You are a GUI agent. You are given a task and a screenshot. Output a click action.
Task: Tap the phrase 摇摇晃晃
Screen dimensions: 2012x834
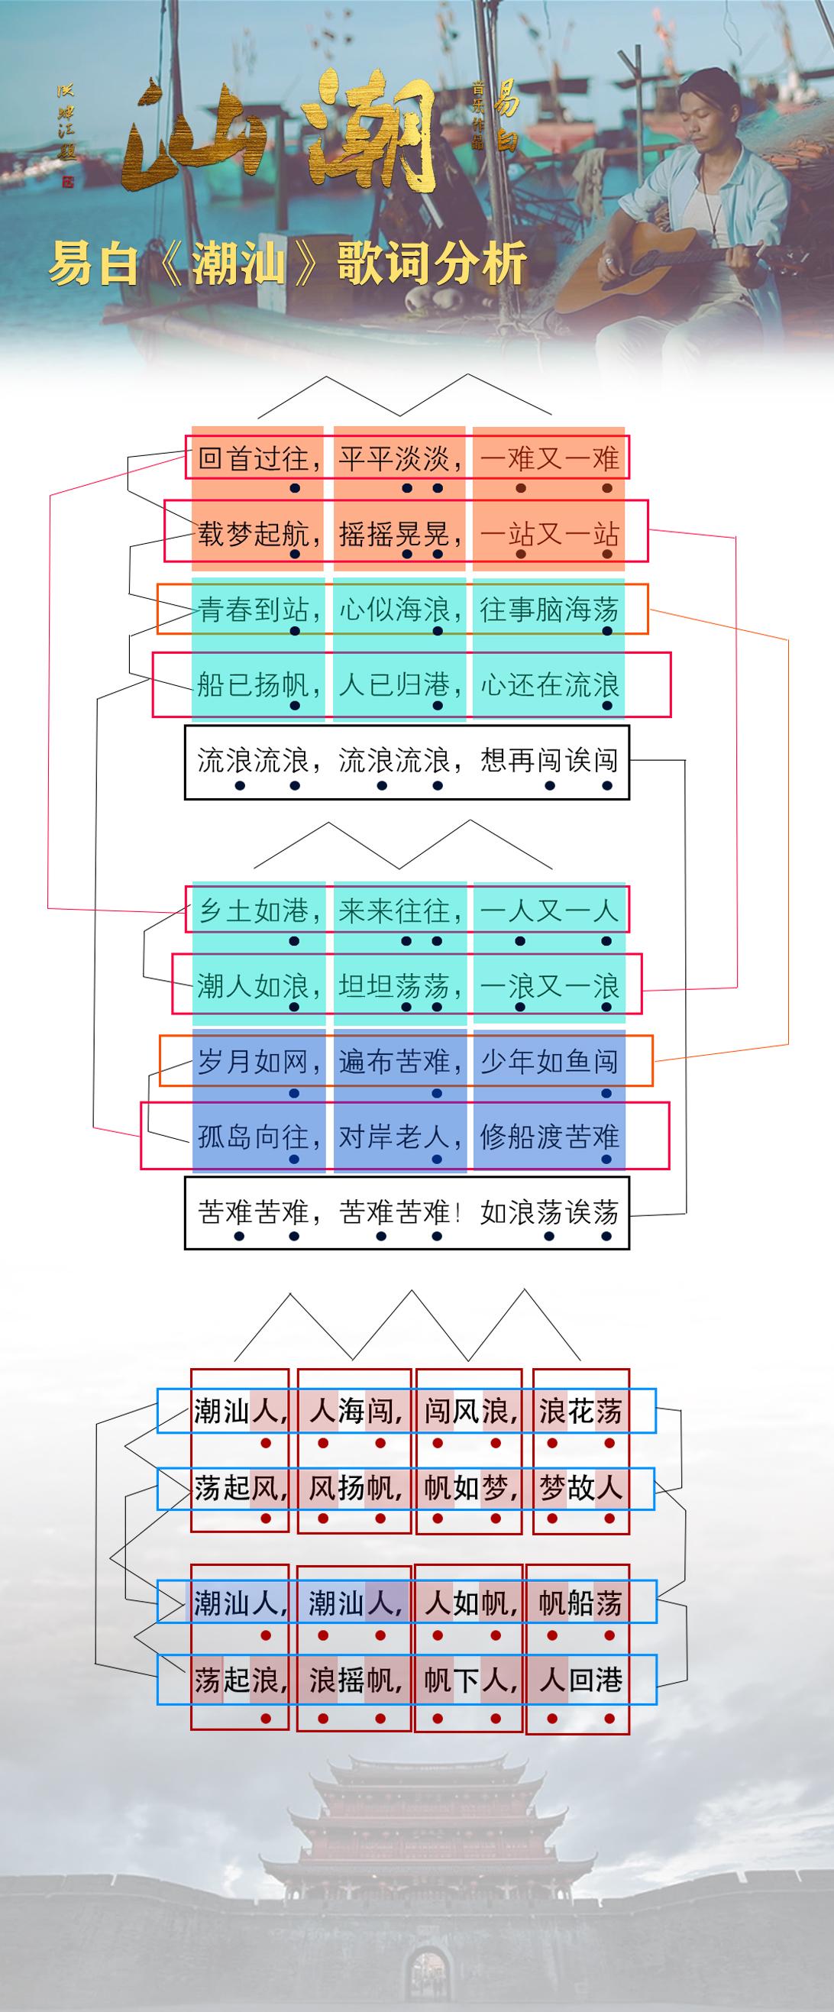pyautogui.click(x=394, y=533)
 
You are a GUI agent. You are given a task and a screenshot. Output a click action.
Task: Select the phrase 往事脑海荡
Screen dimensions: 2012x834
pyautogui.click(x=549, y=610)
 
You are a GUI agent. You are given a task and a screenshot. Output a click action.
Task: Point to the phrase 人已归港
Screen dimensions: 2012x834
pyautogui.click(x=394, y=685)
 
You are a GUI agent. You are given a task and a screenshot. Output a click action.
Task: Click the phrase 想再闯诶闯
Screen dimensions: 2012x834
pyautogui.click(x=549, y=760)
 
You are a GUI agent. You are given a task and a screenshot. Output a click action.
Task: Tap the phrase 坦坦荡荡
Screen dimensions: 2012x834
pyautogui.click(x=394, y=986)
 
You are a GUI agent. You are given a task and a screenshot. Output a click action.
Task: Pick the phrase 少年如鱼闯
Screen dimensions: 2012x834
pyautogui.click(x=549, y=1062)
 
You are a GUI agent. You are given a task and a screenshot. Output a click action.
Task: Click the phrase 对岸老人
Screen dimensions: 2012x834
pyautogui.click(x=394, y=1137)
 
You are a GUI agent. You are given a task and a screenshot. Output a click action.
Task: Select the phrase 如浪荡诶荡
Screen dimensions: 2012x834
pyautogui.click(x=549, y=1212)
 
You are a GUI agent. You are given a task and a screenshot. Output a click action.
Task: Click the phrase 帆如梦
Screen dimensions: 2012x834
pyautogui.click(x=466, y=1488)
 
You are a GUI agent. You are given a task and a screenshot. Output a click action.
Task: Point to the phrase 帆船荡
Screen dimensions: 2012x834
pyautogui.click(x=580, y=1603)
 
